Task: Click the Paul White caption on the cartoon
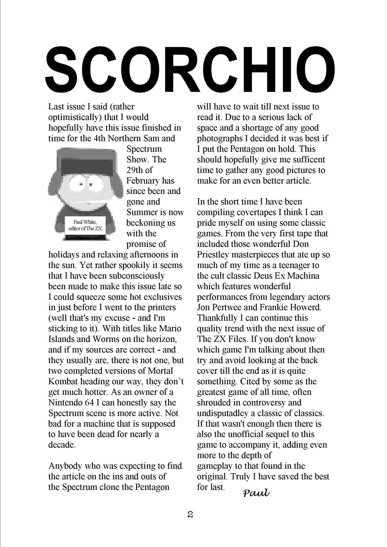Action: [x=85, y=225]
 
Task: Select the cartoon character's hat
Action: [x=86, y=161]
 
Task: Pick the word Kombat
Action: [x=63, y=381]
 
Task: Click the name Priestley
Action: [x=213, y=254]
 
